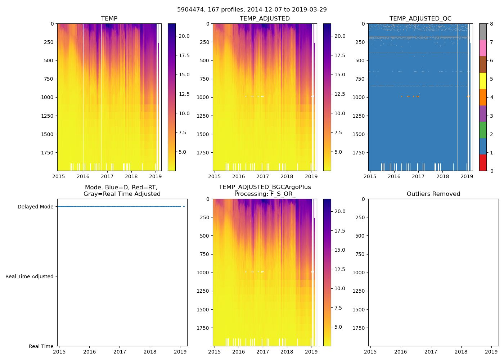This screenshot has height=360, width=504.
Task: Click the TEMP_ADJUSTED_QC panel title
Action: coord(420,19)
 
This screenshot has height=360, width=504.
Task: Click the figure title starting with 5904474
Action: coord(252,10)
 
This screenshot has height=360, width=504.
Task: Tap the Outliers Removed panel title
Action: coord(433,194)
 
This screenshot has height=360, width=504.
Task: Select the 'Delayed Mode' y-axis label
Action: coord(35,207)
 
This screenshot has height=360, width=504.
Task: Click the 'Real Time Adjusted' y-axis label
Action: coord(30,276)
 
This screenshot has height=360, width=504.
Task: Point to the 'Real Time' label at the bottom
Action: coord(41,346)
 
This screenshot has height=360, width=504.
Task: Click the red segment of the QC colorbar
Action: coord(483,162)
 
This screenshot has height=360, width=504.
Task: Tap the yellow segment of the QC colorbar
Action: coord(483,81)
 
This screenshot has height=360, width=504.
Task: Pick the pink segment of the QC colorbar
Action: coord(483,48)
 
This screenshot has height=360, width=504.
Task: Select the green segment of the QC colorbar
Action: coord(483,130)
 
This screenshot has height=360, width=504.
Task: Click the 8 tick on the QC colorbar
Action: coord(491,24)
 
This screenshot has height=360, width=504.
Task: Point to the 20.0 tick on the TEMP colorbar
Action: coord(184,36)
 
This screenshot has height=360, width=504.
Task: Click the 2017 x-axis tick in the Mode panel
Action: coord(120,352)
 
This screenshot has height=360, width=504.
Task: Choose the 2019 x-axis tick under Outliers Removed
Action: coord(491,352)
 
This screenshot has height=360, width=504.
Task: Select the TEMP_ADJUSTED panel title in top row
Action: coord(265,19)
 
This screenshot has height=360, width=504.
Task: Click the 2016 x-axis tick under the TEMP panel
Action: coord(83,176)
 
